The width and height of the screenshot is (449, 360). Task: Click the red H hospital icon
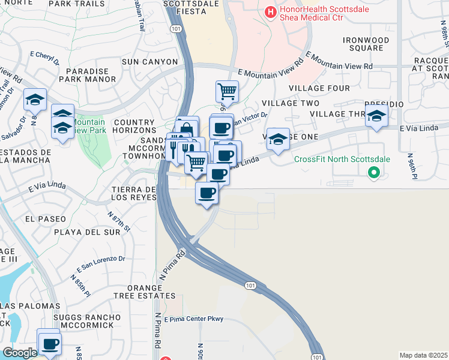coord(271,11)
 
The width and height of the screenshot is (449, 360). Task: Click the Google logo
coord(19,353)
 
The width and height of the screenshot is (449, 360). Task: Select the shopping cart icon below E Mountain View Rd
coord(227,92)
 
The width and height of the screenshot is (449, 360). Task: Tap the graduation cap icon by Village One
coord(278,139)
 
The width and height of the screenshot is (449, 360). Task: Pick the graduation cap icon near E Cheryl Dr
coord(35,99)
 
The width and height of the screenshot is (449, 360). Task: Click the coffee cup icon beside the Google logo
coord(50,344)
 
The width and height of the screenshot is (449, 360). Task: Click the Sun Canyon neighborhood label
coord(149,62)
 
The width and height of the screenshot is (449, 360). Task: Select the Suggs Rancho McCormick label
coord(83,320)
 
